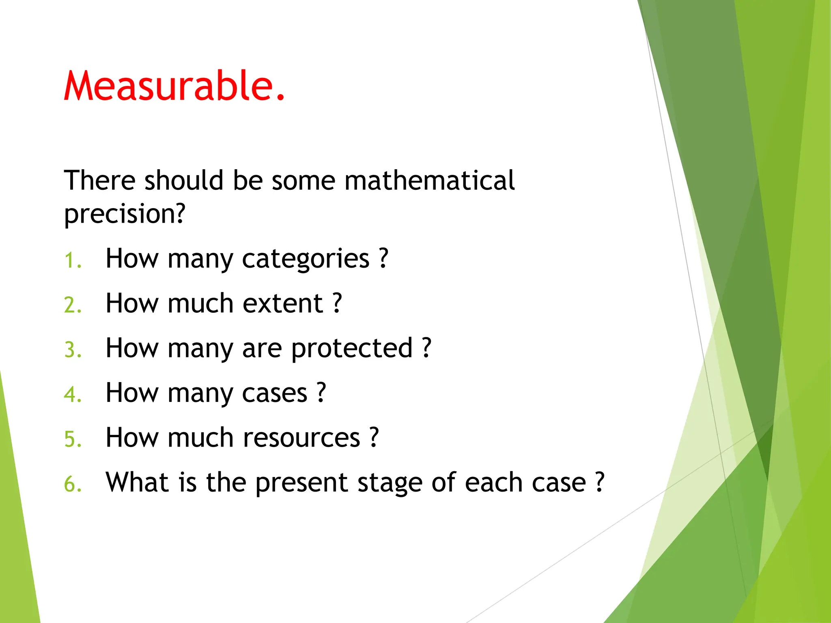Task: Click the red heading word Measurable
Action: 174,86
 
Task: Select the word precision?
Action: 125,214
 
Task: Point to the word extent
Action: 282,303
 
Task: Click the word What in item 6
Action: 137,482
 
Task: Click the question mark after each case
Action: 600,482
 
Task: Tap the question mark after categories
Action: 383,258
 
